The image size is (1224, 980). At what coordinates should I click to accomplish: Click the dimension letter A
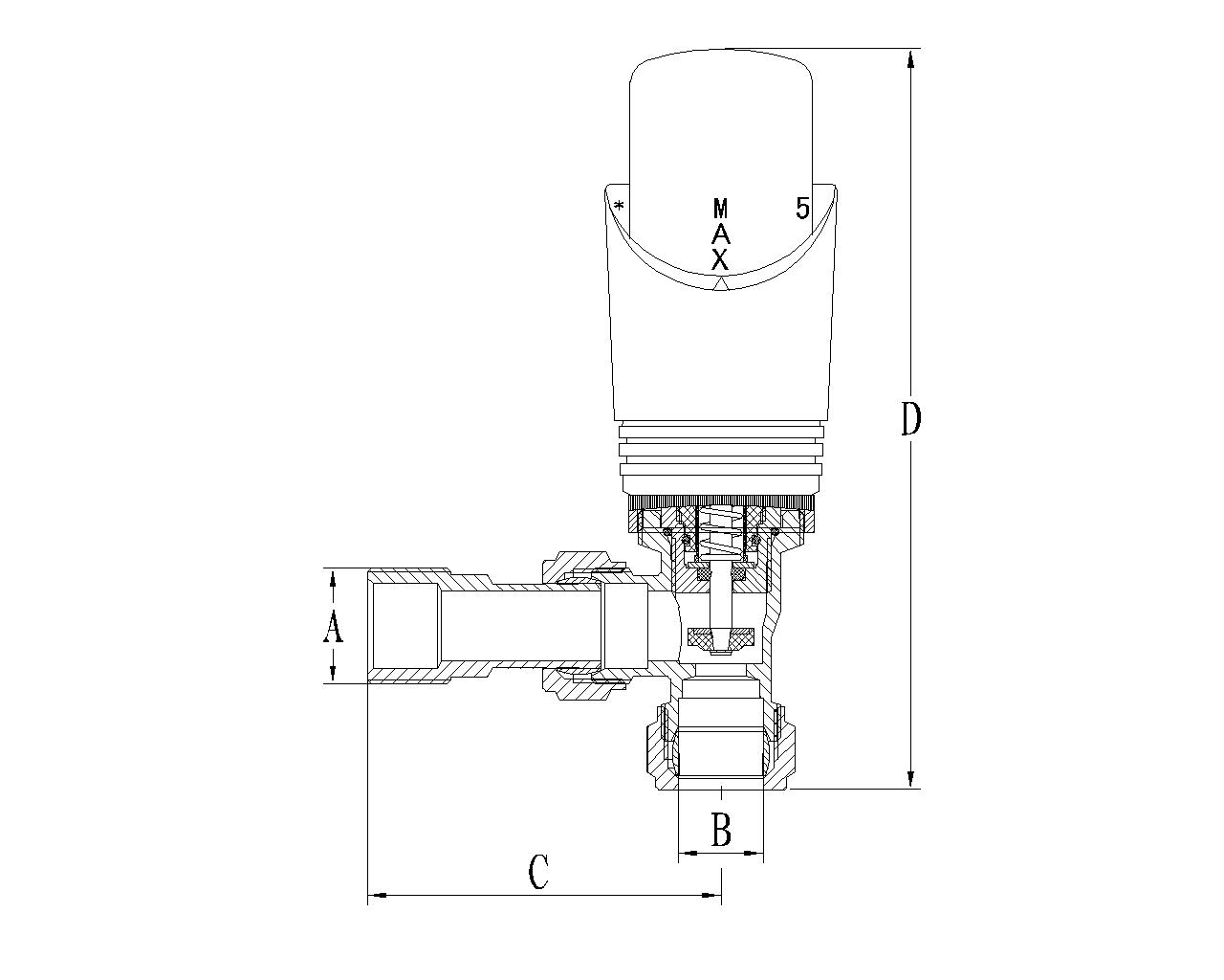[x=334, y=627]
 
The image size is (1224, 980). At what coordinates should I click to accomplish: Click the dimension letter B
[x=721, y=830]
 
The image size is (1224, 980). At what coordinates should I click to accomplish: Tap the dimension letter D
[x=910, y=418]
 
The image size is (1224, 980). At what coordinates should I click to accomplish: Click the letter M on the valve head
[x=721, y=209]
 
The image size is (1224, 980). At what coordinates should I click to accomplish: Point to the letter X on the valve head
[x=720, y=259]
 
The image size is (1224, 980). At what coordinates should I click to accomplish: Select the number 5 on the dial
[x=802, y=208]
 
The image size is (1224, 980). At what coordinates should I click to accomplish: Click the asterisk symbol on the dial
[x=620, y=206]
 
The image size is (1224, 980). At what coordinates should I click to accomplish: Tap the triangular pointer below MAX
[x=721, y=283]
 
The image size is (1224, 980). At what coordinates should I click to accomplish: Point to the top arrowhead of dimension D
[x=910, y=59]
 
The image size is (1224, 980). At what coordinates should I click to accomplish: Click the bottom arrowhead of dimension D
[x=910, y=777]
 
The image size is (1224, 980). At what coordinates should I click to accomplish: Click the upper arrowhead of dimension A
[x=334, y=579]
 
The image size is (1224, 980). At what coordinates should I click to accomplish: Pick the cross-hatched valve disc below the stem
[x=720, y=637]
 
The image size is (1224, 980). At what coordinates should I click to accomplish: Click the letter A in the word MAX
[x=721, y=234]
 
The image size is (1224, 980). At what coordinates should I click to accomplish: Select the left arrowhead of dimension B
[x=689, y=853]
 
